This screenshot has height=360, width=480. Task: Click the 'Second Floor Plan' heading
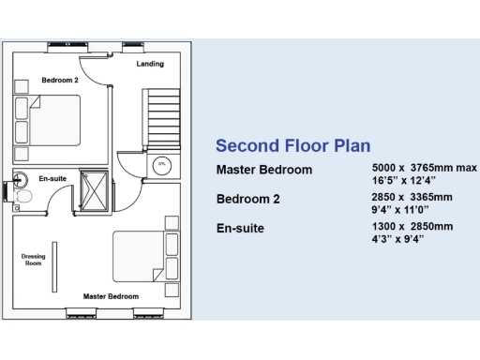(x=292, y=145)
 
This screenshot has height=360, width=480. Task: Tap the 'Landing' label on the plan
(x=150, y=64)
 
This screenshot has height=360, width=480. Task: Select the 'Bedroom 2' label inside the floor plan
(x=59, y=81)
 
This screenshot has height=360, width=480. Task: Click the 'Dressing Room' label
(x=33, y=260)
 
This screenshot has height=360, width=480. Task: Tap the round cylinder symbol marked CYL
(x=161, y=163)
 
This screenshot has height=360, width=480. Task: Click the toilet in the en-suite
(x=25, y=197)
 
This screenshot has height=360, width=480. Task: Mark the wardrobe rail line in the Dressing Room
(x=54, y=262)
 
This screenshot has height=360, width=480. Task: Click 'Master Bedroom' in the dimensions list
(x=264, y=170)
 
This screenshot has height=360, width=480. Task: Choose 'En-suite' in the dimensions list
(x=240, y=228)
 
